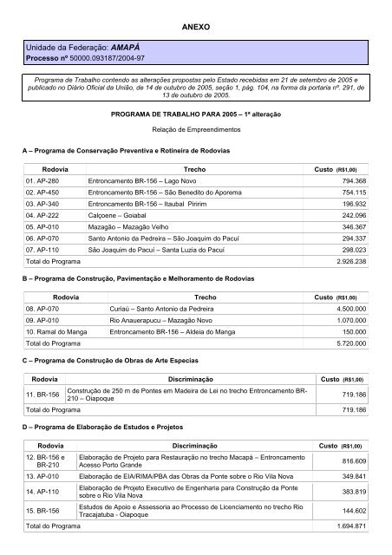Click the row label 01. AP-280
(45, 180)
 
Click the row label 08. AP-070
(45, 331)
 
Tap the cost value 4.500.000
(350, 331)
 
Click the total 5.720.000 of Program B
(350, 368)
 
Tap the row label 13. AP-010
(45, 500)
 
